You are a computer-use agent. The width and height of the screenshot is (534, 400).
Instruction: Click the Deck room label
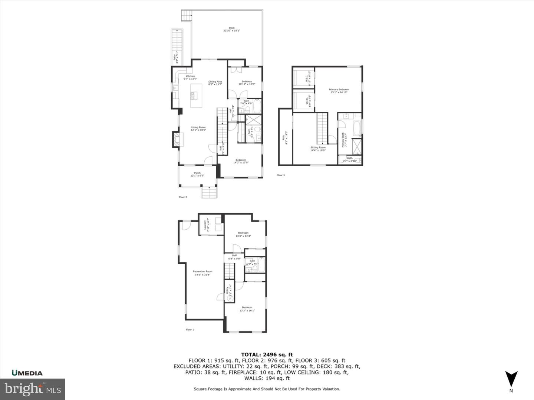231,29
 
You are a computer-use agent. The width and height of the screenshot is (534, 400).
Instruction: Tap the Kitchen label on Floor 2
190,77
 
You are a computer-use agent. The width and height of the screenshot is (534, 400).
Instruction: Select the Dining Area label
215,83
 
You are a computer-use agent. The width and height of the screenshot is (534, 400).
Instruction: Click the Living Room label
198,129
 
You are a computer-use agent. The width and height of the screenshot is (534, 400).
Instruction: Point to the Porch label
197,174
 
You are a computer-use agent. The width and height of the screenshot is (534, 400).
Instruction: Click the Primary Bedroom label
339,91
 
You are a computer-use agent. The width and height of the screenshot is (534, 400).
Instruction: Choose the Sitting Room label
318,149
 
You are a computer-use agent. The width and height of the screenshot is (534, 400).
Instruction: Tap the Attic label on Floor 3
286,137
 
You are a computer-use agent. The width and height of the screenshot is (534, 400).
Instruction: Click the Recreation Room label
202,273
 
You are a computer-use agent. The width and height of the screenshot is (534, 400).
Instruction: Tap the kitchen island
196,96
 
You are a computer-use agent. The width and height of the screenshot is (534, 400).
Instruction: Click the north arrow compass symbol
511,379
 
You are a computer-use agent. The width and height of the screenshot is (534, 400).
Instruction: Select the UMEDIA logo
27,373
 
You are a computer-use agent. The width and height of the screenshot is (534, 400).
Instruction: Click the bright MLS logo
33,389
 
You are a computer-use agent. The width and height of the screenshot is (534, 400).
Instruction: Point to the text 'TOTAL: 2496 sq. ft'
267,354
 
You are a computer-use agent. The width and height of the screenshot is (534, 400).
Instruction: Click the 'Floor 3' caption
281,175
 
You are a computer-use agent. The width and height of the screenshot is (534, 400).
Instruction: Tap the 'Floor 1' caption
190,329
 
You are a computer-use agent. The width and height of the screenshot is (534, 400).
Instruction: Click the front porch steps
209,193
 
